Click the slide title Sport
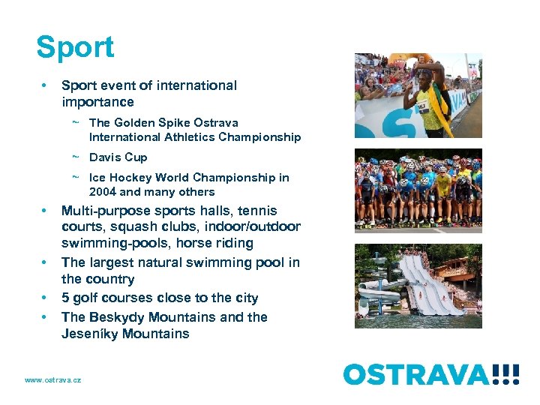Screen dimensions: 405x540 point(75,47)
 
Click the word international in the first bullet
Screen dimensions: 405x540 point(199,85)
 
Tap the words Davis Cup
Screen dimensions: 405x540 point(118,157)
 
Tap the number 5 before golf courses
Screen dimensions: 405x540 point(65,298)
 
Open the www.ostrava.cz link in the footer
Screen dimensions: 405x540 point(52,380)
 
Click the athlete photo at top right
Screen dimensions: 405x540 point(418,95)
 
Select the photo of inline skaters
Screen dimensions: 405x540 point(418,190)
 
